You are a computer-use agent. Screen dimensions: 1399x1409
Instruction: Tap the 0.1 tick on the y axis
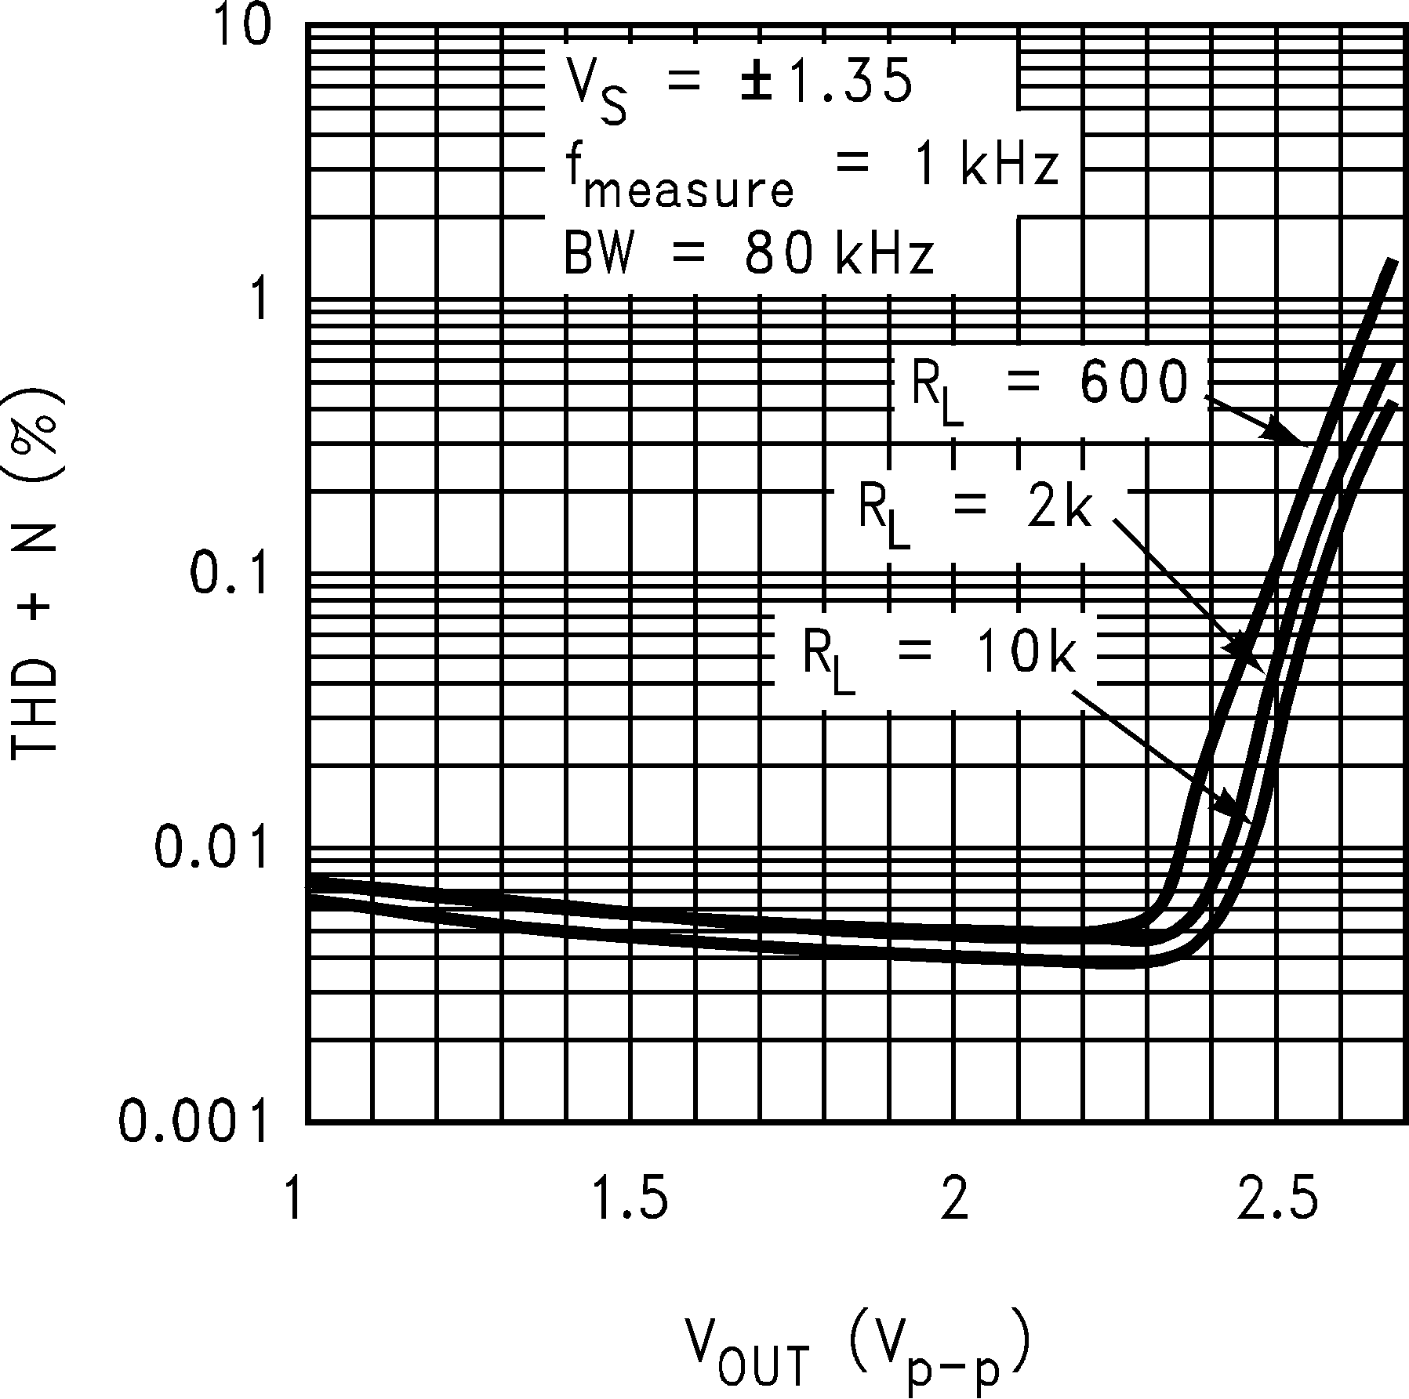(225, 575)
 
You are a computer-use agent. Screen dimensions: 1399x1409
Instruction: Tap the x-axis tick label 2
(955, 1200)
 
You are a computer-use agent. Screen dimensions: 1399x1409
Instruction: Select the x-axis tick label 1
(294, 1200)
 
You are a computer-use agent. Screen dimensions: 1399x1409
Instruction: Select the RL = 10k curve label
(938, 655)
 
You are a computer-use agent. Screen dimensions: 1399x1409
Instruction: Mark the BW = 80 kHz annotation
(749, 256)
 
